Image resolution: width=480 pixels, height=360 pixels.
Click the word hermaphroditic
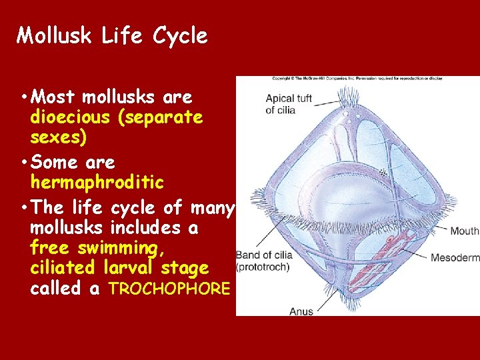point(97,182)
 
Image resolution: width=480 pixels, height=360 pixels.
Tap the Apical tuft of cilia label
point(288,104)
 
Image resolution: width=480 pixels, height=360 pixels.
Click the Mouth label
point(464,231)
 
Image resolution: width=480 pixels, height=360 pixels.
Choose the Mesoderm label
point(455,257)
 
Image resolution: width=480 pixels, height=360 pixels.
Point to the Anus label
point(301,311)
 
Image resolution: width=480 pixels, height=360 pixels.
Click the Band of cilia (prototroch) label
point(264,261)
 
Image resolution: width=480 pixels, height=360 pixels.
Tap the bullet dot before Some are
point(24,163)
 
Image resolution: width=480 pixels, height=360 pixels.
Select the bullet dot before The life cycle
point(24,208)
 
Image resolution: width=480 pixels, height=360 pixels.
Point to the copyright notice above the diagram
point(356,79)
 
